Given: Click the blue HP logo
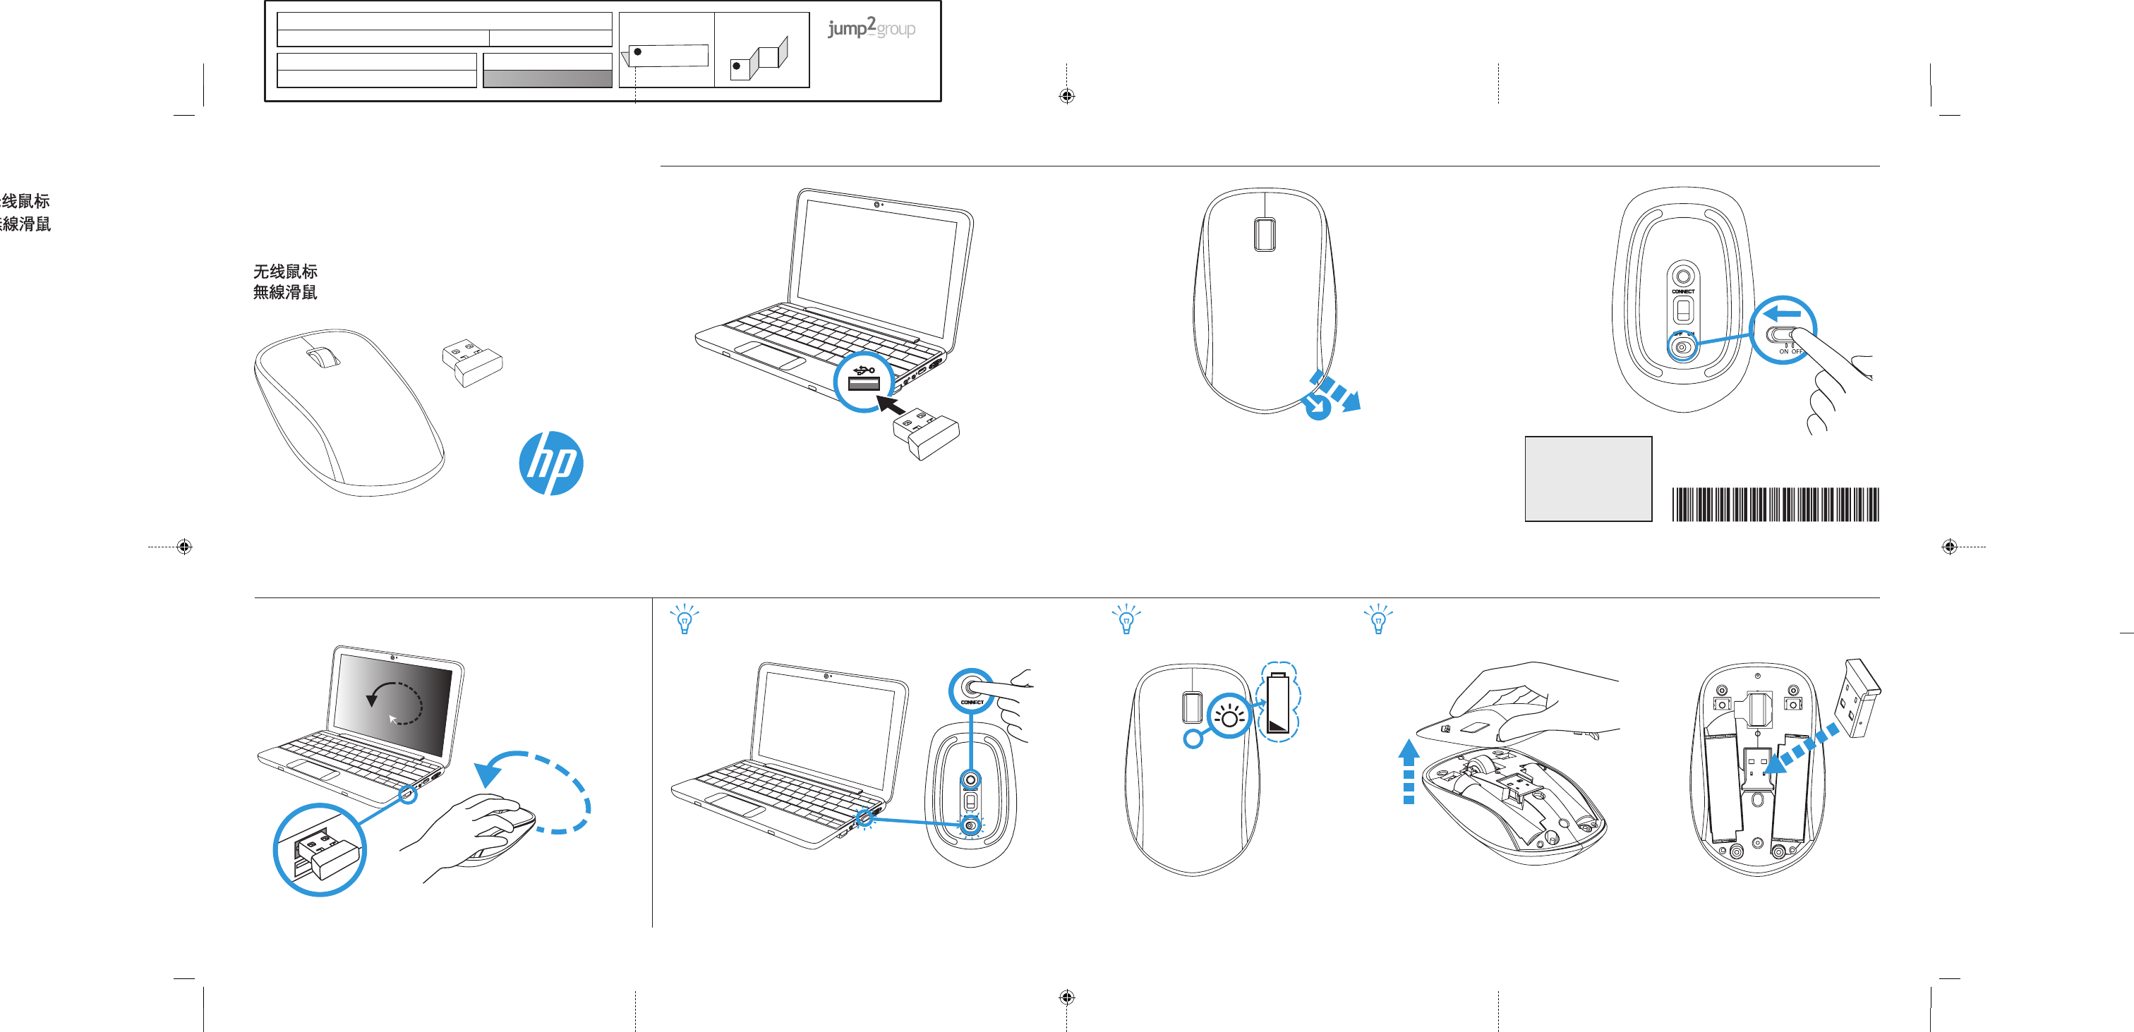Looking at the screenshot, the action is (x=551, y=463).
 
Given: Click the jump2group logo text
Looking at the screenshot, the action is (x=871, y=28).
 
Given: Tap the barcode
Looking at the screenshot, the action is (x=1775, y=504).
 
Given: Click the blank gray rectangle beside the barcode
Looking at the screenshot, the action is (x=1587, y=479).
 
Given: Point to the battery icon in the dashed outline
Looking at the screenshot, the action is (x=1278, y=703).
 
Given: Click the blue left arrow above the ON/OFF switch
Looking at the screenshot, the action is (x=1782, y=314).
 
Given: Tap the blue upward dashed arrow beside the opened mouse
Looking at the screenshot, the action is (x=1409, y=771).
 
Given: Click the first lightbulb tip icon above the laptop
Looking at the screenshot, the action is (x=685, y=619).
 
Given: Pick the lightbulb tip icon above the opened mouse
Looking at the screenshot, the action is (x=1378, y=619).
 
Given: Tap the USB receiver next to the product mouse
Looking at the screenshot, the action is (x=472, y=363).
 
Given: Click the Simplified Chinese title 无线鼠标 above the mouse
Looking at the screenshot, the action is (x=285, y=272).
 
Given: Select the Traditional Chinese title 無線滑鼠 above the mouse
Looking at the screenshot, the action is (x=285, y=292).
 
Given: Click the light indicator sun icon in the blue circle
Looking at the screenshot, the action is (x=1229, y=717).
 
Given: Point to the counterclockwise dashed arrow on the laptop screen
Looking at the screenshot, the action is (x=394, y=703).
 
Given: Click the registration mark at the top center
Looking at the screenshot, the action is (x=1066, y=96).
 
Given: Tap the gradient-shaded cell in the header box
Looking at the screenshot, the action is (x=547, y=79).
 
